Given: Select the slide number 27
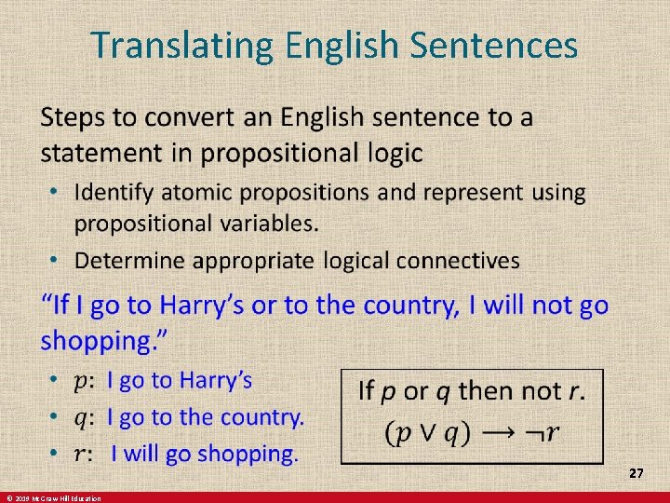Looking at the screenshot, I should pos(636,474).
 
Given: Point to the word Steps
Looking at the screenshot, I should pos(74,119).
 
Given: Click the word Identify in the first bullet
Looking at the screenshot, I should pos(113,193).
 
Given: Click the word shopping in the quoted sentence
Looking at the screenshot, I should pos(98,341).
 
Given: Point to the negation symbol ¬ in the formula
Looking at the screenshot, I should pos(529,432).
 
